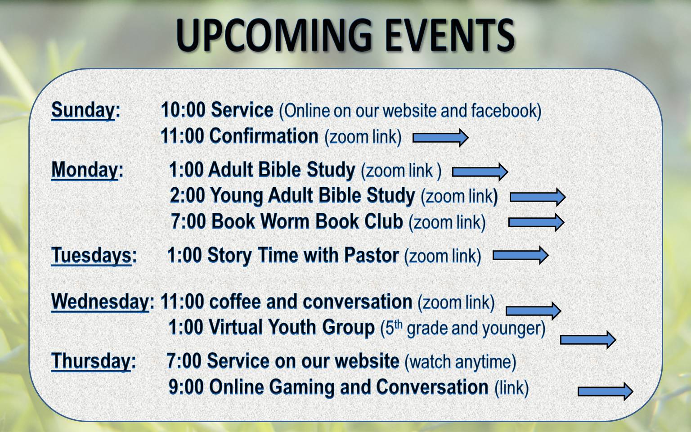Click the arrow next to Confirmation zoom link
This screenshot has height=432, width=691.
440,138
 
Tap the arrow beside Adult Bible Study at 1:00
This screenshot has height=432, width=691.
480,171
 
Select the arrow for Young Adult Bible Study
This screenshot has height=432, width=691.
538,197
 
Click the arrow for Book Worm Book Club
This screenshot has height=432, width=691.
536,222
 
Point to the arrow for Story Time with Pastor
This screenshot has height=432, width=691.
520,255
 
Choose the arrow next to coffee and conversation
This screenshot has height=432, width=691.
534,311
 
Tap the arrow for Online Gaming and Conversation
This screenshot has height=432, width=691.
605,391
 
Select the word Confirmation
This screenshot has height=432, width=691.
264,136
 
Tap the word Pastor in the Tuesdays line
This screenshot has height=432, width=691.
372,255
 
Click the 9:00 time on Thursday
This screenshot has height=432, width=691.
186,387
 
